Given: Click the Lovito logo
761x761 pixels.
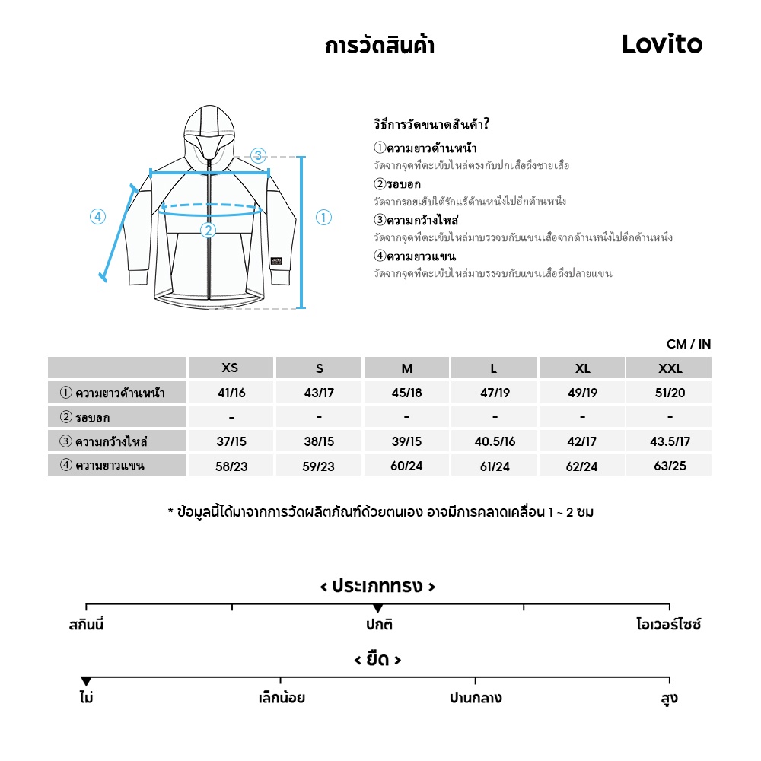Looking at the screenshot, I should point(662,44).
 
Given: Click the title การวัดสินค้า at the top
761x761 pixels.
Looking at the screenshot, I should point(379,46).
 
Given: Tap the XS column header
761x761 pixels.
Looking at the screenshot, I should point(230,368).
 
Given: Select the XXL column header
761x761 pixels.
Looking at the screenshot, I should point(670,368).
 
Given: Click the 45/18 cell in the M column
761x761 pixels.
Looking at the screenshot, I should point(406,393).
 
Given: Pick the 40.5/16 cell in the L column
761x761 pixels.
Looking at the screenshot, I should point(495,441).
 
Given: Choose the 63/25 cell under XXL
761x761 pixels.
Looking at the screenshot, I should point(670,466).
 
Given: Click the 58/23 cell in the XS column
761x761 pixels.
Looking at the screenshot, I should point(231,466).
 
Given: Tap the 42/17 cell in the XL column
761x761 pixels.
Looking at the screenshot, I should point(582,441).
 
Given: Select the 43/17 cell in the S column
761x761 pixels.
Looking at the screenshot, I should point(319,393).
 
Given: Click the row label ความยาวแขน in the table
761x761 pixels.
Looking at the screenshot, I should point(110,466).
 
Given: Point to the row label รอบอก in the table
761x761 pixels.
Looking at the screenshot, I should point(93,417).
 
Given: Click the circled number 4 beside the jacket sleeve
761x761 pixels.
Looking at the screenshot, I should point(97,217).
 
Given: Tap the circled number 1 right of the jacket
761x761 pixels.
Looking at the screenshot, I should point(323,218).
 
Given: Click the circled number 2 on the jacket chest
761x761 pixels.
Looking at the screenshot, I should point(208,231).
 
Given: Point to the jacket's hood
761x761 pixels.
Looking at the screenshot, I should point(208,129).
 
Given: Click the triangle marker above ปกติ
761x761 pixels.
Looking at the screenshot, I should point(377,608).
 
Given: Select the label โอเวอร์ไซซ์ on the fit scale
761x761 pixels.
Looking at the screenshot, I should point(668,626).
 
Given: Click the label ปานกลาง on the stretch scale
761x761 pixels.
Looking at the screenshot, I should point(476,698).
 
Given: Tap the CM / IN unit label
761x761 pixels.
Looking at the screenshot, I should point(688,344).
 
